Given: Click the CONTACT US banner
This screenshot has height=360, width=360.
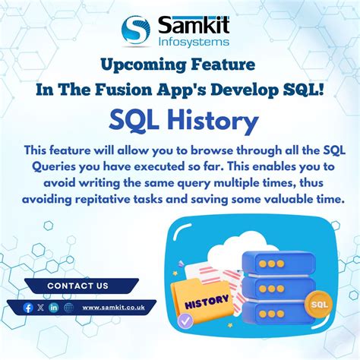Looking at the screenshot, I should pyautogui.click(x=77, y=286).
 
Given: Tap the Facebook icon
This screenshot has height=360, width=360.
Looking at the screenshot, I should pyautogui.click(x=29, y=307).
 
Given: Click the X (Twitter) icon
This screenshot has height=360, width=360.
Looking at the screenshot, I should pyautogui.click(x=41, y=307).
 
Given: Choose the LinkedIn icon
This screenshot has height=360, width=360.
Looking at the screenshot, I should pyautogui.click(x=54, y=307).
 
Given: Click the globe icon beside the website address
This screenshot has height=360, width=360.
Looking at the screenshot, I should pyautogui.click(x=68, y=307).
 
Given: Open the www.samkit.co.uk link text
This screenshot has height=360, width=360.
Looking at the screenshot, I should pyautogui.click(x=114, y=307).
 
